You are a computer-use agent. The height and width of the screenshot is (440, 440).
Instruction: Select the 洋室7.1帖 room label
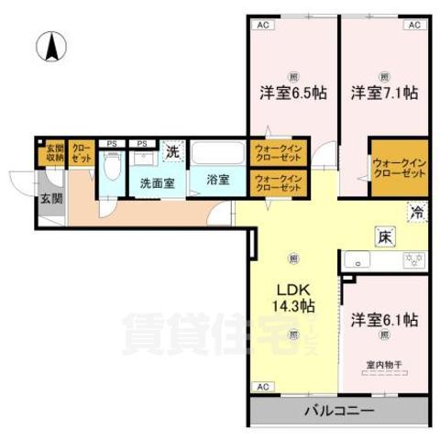click(x=384, y=92)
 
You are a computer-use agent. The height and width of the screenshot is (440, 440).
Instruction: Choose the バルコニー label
click(x=339, y=411)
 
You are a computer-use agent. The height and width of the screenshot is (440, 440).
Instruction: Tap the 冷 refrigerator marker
click(x=417, y=213)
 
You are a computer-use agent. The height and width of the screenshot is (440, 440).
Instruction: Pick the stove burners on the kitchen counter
click(x=412, y=261)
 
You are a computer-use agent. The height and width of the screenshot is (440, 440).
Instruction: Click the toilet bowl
click(x=112, y=168)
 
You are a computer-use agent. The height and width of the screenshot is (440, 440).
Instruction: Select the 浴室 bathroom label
click(x=217, y=179)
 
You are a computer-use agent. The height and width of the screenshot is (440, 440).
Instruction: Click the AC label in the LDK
click(x=263, y=387)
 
